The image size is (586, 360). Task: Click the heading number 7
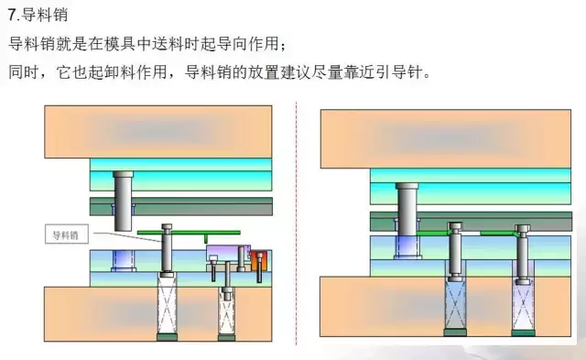11,16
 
